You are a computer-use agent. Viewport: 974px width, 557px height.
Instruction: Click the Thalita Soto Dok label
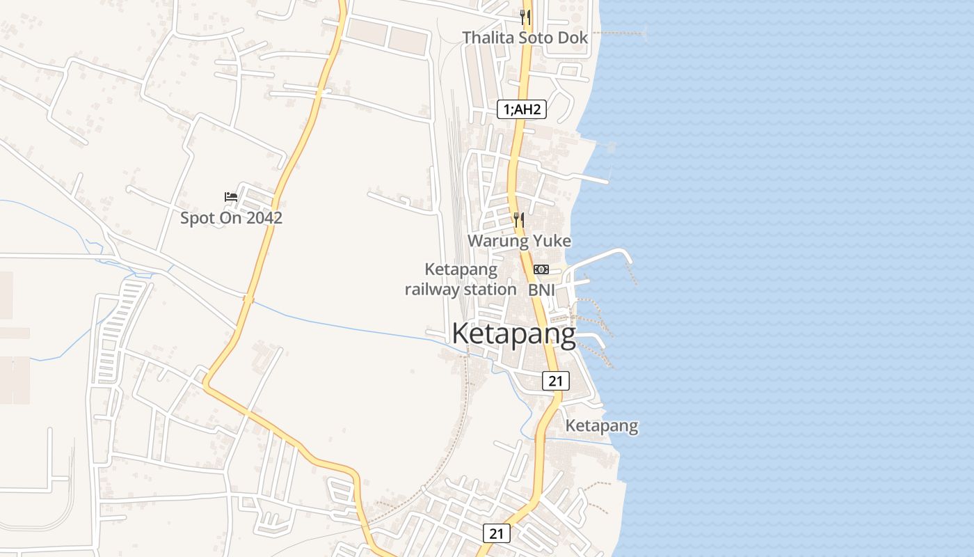[x=525, y=38]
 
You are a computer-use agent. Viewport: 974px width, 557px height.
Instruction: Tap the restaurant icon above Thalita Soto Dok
[x=525, y=17]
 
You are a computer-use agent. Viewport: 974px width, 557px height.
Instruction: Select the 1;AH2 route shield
[x=521, y=109]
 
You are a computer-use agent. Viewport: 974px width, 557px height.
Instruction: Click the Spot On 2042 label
[x=231, y=218]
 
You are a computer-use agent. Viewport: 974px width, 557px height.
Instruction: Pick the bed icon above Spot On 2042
[x=231, y=197]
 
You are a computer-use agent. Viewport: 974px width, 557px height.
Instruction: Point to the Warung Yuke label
[x=519, y=241]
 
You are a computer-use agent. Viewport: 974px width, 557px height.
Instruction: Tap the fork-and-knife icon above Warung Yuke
[x=519, y=220]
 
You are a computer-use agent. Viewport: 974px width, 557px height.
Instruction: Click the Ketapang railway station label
[x=461, y=279]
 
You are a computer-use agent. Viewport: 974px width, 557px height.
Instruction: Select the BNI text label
[x=541, y=290]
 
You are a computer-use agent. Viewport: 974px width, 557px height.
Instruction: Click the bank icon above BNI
[x=541, y=269]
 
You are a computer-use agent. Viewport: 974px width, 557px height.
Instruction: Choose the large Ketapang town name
[x=513, y=334]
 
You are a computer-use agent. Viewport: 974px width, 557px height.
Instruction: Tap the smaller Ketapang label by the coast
[x=601, y=425]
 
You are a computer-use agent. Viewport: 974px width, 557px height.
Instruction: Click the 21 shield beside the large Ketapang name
[x=555, y=381]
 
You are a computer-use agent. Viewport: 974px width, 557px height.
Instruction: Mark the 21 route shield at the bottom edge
[x=496, y=534]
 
